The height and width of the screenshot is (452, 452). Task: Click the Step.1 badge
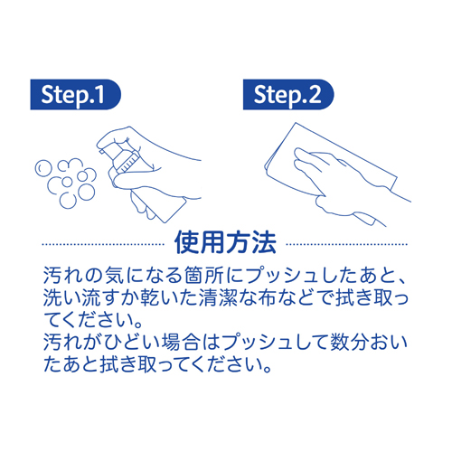(x=75, y=95)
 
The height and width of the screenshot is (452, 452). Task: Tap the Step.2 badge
(x=288, y=95)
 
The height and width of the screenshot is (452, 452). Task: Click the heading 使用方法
(x=225, y=243)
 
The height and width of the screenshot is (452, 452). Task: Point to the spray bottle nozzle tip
(x=101, y=152)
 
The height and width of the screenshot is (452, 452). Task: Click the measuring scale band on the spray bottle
(x=129, y=163)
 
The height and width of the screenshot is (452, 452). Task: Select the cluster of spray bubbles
(x=66, y=184)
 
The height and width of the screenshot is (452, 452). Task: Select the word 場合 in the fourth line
(x=181, y=342)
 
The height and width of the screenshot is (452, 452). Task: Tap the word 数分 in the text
(x=349, y=342)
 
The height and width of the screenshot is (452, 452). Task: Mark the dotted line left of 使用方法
(x=103, y=244)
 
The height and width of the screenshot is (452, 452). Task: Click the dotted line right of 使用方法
(x=346, y=244)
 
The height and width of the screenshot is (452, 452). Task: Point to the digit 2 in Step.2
(x=315, y=94)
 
